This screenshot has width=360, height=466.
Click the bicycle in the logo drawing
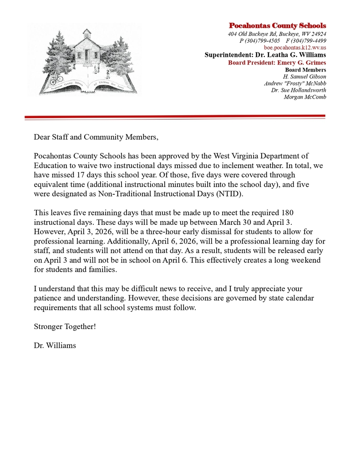[x=56, y=80]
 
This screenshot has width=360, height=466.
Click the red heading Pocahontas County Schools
[x=277, y=25]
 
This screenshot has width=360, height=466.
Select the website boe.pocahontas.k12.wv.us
[x=295, y=47]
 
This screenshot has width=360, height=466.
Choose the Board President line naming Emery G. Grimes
[x=277, y=62]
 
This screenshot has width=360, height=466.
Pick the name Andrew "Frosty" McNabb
[x=295, y=83]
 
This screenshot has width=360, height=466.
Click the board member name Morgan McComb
[x=305, y=96]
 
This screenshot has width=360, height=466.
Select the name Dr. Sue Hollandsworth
[x=299, y=90]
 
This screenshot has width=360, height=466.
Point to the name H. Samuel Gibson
[x=304, y=76]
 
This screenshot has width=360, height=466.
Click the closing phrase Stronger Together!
[x=65, y=326]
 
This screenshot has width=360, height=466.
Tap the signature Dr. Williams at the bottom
[x=55, y=345]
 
